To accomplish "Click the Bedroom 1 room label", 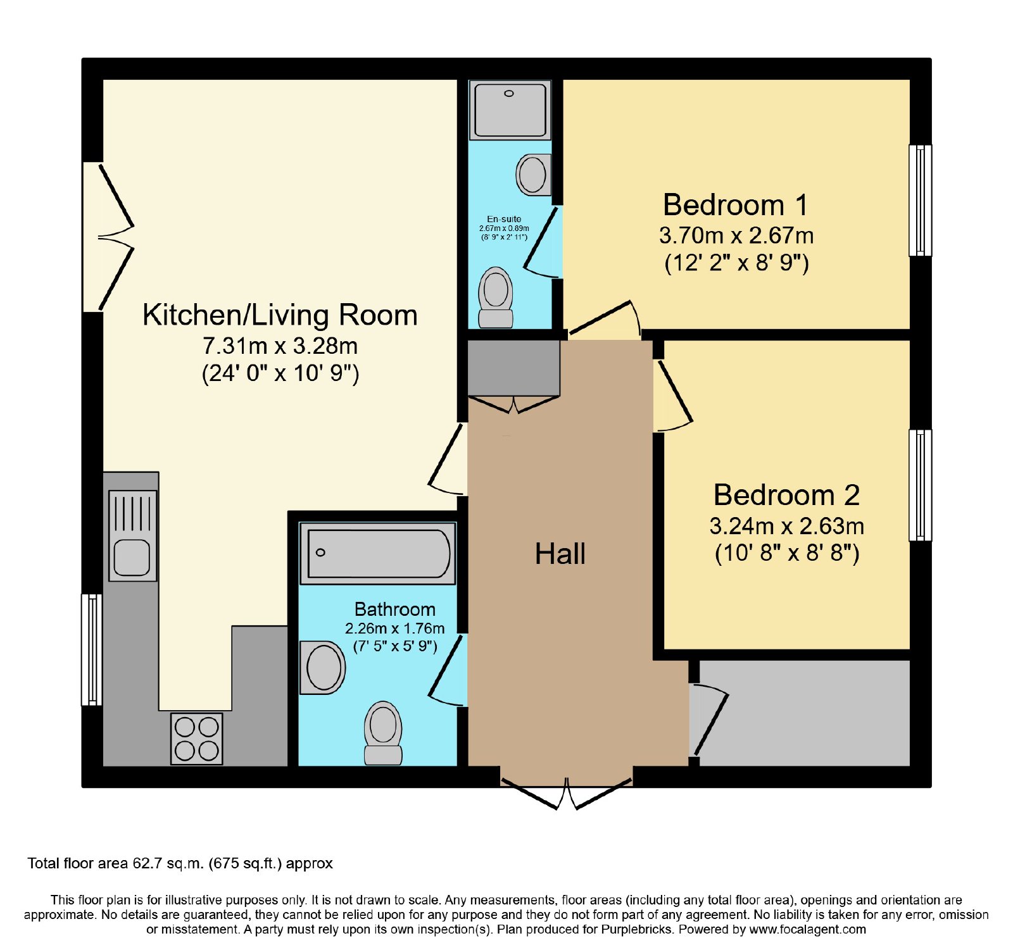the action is (x=736, y=205).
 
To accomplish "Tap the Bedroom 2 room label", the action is (x=787, y=495).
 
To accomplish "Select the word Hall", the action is (x=560, y=554).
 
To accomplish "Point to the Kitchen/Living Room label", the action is (x=280, y=315).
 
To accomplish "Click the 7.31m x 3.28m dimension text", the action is (x=280, y=346).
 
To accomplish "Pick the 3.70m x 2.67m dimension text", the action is (x=736, y=235).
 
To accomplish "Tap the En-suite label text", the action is (x=504, y=219).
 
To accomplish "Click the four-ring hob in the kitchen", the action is (x=197, y=739).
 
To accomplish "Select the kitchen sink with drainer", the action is (x=132, y=535).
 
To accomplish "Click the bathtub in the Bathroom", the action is (x=377, y=553).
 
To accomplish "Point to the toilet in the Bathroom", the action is (x=383, y=733).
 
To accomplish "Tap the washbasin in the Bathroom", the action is (x=323, y=668).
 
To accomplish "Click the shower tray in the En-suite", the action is (x=510, y=109).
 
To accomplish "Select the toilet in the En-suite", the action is (x=496, y=297).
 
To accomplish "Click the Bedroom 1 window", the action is (x=920, y=200).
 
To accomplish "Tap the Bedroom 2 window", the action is (x=920, y=485).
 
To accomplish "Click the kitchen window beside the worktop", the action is (x=92, y=649).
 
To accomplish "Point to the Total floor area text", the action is (x=180, y=863).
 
